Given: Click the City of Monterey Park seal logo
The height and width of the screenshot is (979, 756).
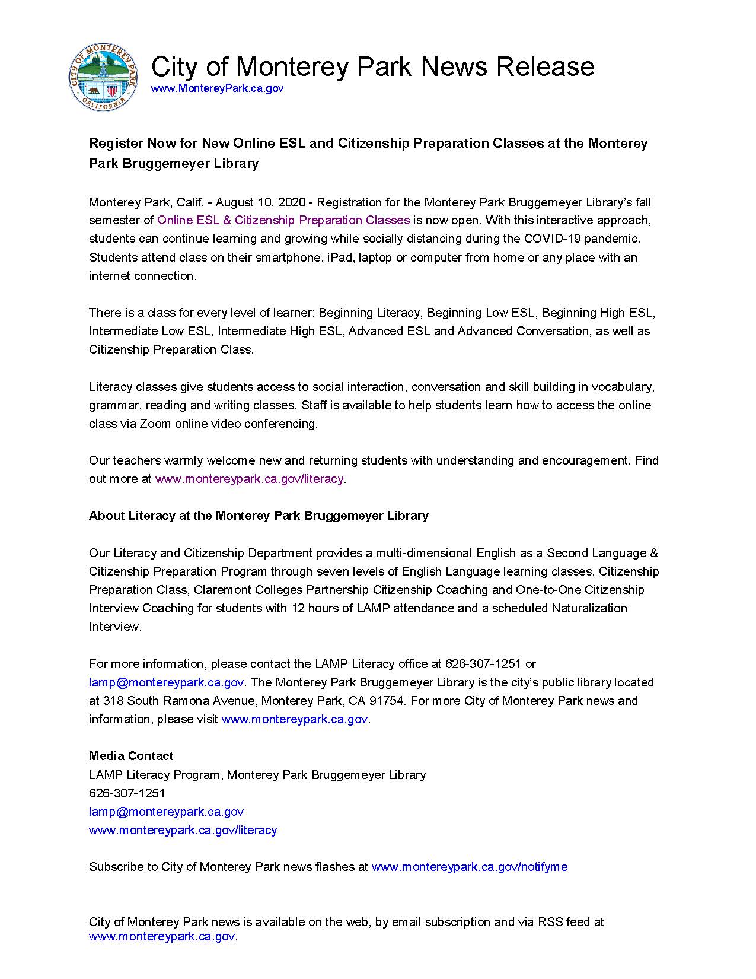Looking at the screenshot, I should (103, 77).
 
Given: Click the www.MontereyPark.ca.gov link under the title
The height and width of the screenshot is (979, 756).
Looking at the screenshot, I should (217, 88).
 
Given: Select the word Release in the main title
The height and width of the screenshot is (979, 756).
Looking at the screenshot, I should (545, 66).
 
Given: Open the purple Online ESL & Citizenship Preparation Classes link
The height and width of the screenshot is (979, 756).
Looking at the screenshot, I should (283, 220).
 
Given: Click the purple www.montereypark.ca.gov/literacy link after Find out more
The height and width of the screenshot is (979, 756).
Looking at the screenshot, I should (249, 479).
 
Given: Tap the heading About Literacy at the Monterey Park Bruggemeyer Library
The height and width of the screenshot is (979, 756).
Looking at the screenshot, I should (259, 516).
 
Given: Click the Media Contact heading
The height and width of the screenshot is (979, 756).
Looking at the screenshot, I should (131, 756).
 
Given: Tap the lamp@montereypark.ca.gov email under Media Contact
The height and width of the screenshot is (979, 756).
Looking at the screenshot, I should (166, 812).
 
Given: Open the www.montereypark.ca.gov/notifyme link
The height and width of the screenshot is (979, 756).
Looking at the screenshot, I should (469, 867).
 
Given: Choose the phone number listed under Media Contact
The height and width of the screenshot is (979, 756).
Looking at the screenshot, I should (127, 793).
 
